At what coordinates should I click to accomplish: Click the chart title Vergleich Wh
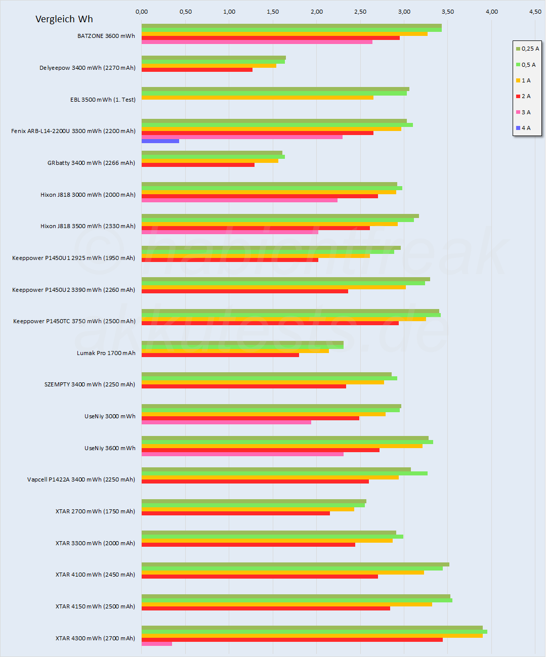[64, 19]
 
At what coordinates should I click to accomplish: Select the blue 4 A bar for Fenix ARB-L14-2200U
[160, 141]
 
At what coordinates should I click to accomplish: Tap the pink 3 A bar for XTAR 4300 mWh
[157, 644]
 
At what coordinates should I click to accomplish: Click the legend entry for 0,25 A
[527, 49]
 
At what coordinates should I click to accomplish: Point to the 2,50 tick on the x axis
[360, 12]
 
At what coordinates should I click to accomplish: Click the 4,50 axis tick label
[535, 12]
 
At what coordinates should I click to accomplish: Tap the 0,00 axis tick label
[142, 12]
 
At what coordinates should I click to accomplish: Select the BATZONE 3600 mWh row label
[106, 36]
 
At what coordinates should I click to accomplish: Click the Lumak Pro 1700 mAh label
[106, 353]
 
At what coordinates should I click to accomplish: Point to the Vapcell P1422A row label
[81, 479]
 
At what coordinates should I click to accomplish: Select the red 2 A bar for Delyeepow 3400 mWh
[197, 70]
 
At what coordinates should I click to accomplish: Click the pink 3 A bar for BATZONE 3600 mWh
[257, 42]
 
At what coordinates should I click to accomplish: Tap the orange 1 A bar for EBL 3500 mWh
[258, 98]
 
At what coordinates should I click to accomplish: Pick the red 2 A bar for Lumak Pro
[220, 355]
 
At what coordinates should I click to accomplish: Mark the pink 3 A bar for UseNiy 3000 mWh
[226, 422]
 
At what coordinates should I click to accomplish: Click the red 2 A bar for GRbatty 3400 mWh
[198, 165]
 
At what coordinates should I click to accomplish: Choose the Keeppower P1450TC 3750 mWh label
[74, 321]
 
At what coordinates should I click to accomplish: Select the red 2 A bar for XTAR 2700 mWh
[236, 513]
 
